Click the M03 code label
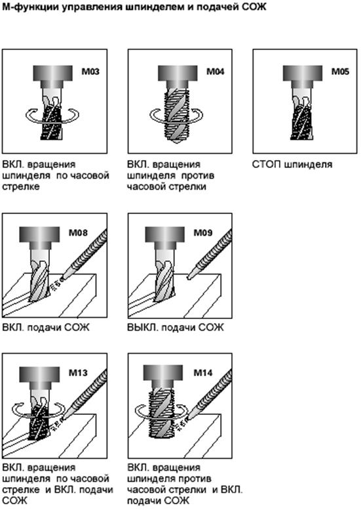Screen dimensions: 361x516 pyautogui.click(x=90, y=72)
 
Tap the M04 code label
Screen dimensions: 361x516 pyautogui.click(x=215, y=72)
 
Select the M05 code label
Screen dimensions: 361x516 pyautogui.click(x=340, y=72)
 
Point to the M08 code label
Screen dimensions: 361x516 pyautogui.click(x=78, y=232)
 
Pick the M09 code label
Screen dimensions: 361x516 pyautogui.click(x=203, y=232)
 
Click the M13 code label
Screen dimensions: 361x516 pyautogui.click(x=78, y=372)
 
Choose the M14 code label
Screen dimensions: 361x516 pyautogui.click(x=203, y=372)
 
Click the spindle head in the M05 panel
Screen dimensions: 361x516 pyautogui.click(x=303, y=76)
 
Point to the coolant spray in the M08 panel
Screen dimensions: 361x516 pyautogui.click(x=56, y=284)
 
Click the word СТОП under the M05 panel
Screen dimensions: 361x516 pyautogui.click(x=266, y=164)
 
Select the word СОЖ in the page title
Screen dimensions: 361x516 pyautogui.click(x=254, y=7)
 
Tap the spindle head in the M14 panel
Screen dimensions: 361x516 pyautogui.click(x=163, y=377)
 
